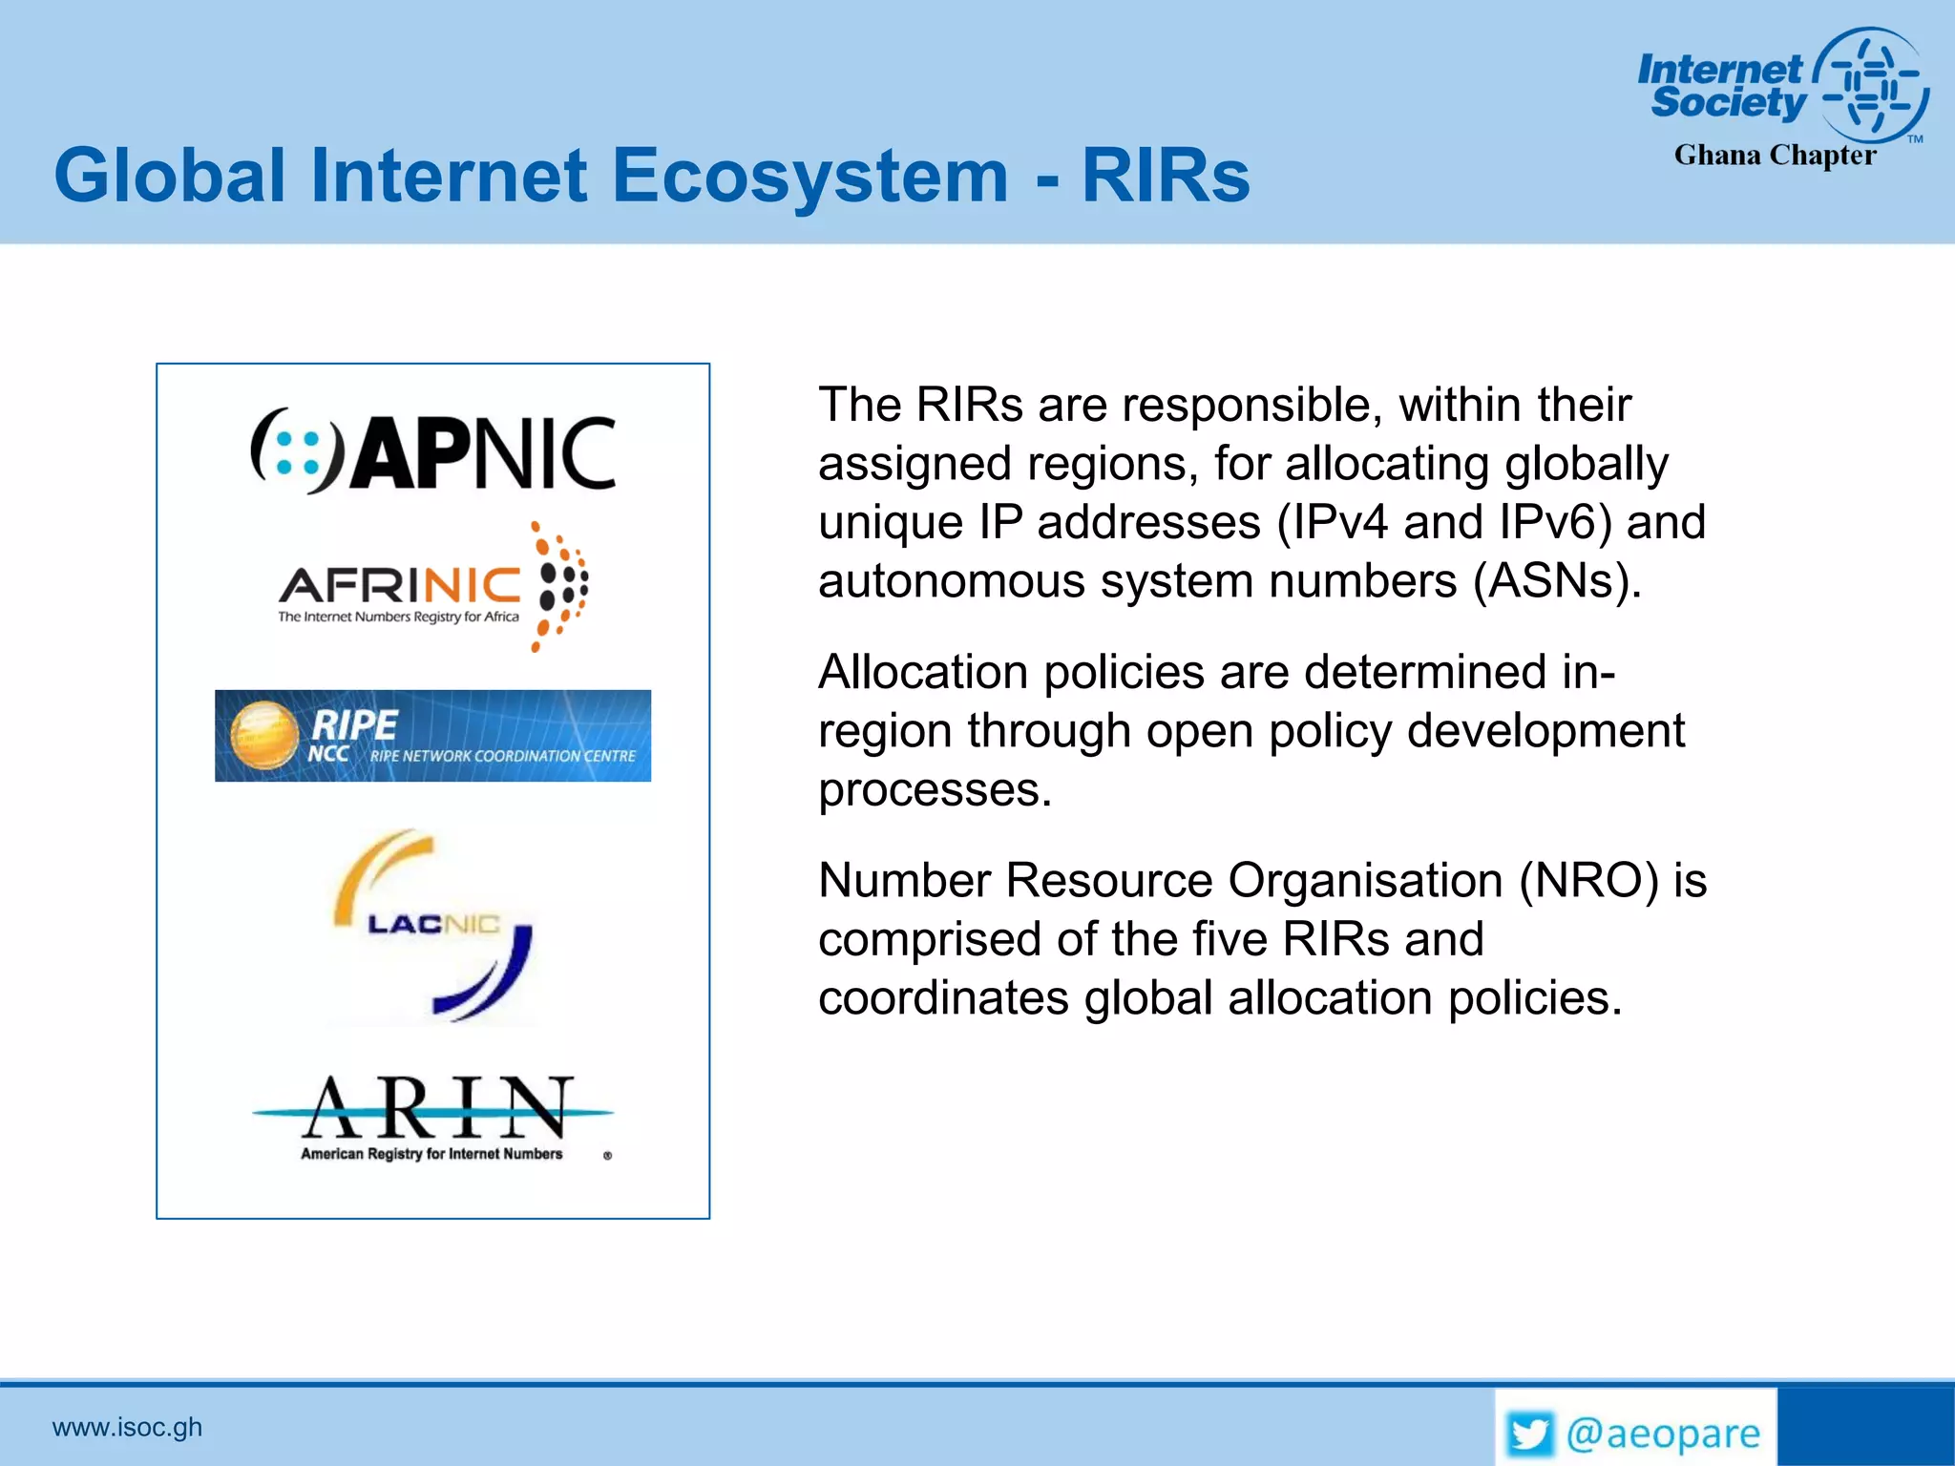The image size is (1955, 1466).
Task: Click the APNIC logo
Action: click(x=432, y=451)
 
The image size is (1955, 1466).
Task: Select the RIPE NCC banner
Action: click(x=432, y=736)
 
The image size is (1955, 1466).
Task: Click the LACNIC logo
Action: click(x=432, y=924)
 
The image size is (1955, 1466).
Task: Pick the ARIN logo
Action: click(x=432, y=1112)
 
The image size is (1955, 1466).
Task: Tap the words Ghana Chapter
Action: click(x=1775, y=155)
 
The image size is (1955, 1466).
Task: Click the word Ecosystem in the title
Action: click(x=809, y=176)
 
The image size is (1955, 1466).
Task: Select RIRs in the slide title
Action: click(x=1166, y=176)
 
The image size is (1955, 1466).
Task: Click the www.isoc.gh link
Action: click(x=127, y=1427)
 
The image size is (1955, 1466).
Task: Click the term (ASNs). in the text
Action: click(x=1557, y=581)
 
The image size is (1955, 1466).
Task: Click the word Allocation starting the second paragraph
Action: click(x=923, y=672)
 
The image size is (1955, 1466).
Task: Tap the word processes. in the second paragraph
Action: click(x=935, y=790)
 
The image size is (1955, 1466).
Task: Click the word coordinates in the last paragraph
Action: click(x=943, y=998)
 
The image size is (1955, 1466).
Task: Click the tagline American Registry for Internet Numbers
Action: click(x=431, y=1154)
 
